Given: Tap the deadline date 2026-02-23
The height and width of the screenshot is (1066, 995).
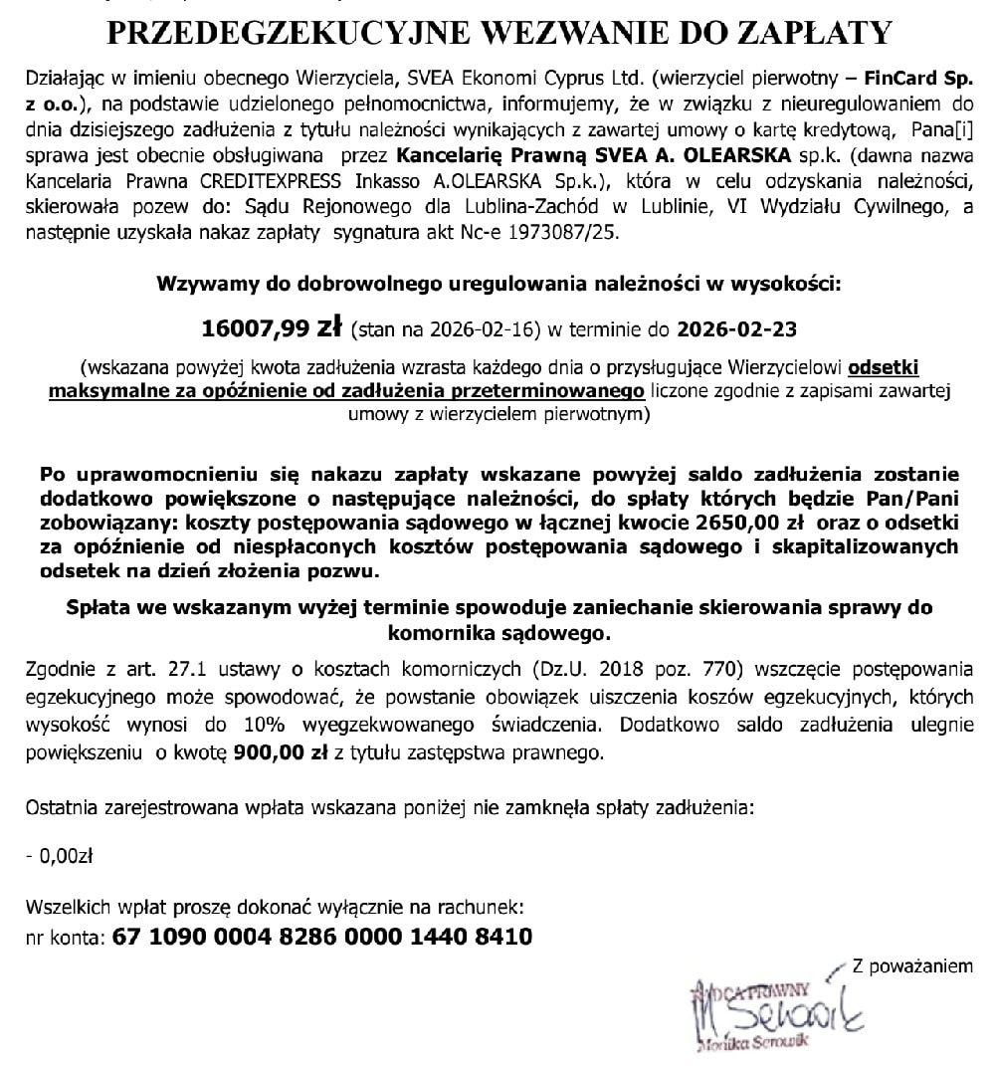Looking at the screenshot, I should (736, 327).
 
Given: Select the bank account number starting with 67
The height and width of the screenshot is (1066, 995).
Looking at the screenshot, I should (322, 937).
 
